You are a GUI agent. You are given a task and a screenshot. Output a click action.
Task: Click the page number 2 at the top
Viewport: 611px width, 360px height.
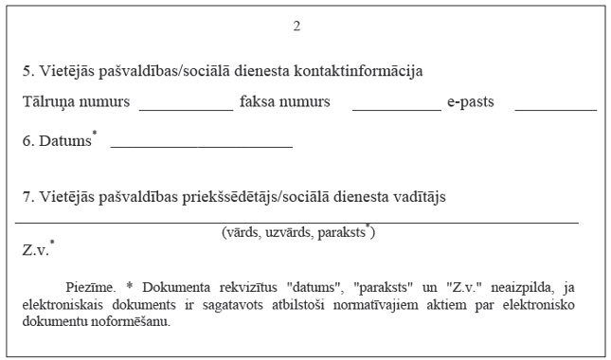point(297,26)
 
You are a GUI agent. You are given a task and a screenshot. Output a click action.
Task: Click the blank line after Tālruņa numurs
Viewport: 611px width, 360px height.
point(186,110)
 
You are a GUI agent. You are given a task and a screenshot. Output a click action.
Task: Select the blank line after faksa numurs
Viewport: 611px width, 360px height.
point(396,110)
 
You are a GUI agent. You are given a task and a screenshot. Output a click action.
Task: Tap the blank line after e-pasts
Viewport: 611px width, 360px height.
point(555,110)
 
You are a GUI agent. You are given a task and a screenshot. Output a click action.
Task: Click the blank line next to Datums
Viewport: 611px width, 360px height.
point(201,148)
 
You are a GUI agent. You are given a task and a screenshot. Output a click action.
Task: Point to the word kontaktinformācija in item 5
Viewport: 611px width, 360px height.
point(362,72)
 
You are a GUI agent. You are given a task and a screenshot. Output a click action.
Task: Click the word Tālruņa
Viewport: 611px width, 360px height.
point(48,101)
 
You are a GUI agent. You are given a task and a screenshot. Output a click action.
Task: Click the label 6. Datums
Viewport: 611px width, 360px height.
point(57,140)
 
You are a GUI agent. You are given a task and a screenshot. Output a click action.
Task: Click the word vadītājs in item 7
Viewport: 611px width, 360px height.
point(417,197)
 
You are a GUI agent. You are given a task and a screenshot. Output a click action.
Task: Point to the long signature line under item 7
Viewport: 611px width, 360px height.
point(297,222)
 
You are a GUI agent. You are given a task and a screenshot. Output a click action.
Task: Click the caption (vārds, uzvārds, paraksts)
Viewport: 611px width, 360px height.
point(297,232)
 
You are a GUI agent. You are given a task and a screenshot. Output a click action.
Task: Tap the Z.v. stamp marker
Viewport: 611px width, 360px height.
point(36,250)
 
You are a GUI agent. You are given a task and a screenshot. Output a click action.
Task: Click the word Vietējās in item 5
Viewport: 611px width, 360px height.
point(63,72)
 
